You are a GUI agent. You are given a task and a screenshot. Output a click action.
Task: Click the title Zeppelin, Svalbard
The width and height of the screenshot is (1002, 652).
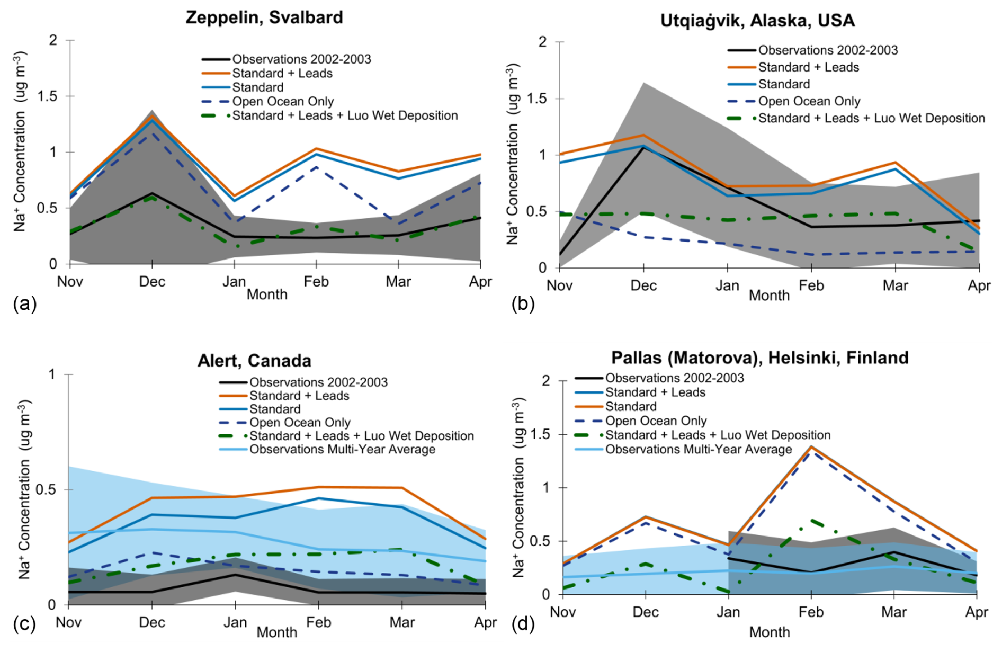click(264, 17)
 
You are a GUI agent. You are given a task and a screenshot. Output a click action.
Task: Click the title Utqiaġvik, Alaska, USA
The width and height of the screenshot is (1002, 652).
click(757, 21)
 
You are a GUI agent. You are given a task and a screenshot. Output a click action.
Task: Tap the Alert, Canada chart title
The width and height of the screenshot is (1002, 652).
click(254, 361)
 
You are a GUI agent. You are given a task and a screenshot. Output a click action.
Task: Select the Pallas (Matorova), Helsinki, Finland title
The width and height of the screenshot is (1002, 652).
click(759, 358)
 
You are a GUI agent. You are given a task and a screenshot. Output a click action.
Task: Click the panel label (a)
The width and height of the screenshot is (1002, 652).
click(24, 303)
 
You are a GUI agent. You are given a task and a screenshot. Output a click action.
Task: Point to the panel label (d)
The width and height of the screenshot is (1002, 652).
click(523, 624)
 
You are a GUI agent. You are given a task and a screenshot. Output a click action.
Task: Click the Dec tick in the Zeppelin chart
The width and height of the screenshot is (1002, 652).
click(152, 281)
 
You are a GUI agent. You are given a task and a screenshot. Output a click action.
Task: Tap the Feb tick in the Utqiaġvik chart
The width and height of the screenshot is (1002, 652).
click(811, 285)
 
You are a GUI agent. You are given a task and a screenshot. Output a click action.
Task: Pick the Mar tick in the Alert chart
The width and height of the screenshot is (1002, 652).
click(402, 622)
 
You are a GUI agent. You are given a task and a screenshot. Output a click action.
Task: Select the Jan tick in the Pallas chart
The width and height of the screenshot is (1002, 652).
click(728, 612)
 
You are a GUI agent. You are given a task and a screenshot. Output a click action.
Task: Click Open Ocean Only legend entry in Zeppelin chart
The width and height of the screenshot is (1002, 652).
click(283, 101)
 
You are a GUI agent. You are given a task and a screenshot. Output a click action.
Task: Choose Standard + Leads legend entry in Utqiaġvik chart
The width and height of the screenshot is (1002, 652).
click(808, 67)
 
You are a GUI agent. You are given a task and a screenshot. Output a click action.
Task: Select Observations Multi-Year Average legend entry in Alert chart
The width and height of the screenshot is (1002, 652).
click(342, 449)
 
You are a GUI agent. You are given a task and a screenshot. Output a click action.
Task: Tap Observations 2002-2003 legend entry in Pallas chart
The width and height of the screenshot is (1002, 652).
click(674, 378)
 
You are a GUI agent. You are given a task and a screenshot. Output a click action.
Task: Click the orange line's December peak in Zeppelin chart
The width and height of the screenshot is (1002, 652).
click(153, 115)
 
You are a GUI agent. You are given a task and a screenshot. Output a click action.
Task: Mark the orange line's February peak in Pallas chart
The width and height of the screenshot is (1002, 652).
click(811, 446)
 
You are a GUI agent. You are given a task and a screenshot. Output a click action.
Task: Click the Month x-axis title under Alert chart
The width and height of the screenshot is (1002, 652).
click(276, 632)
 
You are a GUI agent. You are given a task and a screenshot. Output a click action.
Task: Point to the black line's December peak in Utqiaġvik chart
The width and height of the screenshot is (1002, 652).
click(643, 147)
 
